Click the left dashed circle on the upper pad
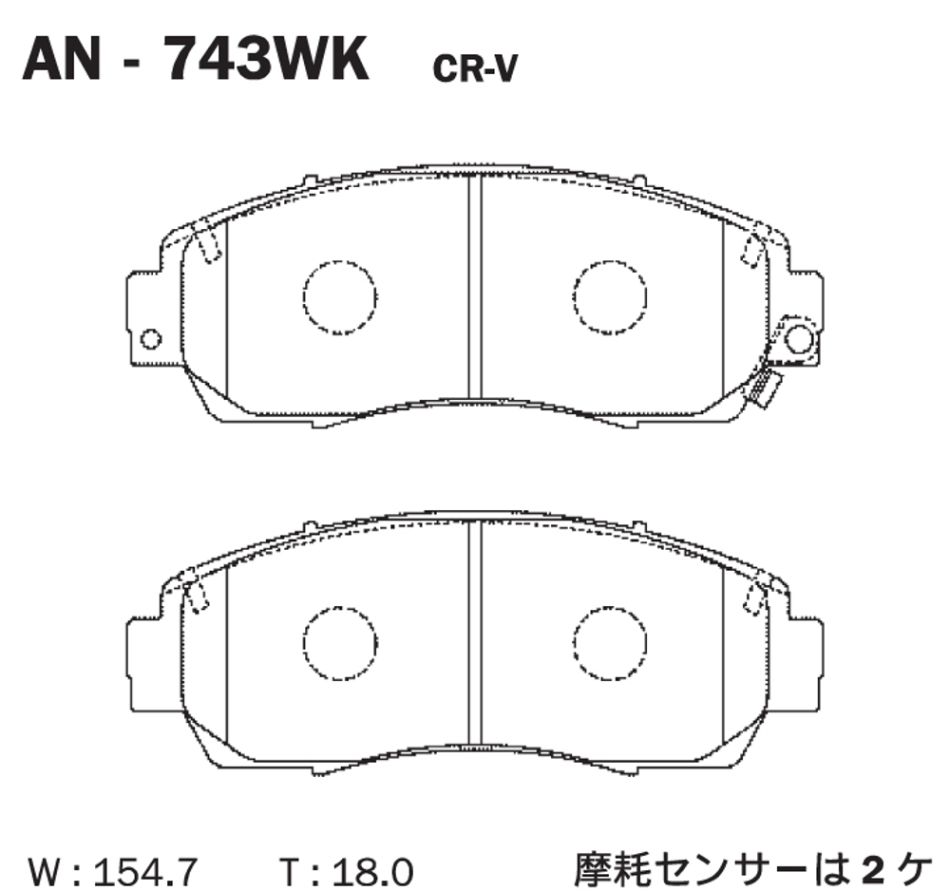[x=340, y=296]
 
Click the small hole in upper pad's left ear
[x=150, y=339]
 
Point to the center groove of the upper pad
[x=476, y=285]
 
